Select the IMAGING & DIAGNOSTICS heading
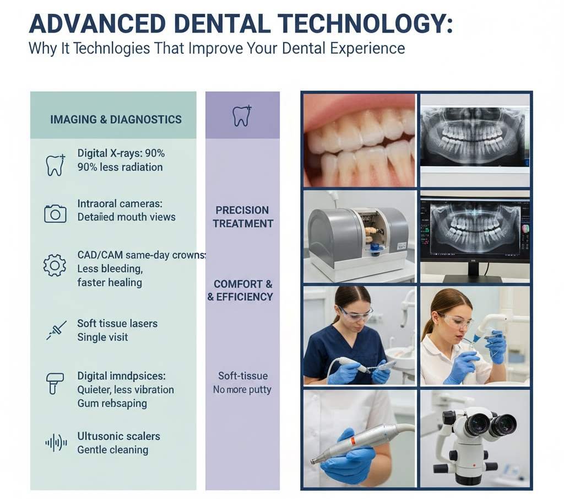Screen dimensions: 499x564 (116, 119)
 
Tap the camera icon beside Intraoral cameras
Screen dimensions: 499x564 (55, 213)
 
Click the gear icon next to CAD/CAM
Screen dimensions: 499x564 (55, 266)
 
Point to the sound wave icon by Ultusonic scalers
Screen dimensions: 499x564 (56, 442)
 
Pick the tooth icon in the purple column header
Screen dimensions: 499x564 (242, 116)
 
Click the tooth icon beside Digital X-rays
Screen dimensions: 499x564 (55, 164)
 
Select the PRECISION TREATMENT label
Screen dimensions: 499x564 (243, 217)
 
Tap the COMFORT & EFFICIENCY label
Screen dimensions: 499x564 (242, 291)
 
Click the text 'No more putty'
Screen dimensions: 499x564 (242, 390)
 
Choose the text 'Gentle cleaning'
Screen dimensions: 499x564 (112, 449)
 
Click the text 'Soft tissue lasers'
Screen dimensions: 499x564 (117, 323)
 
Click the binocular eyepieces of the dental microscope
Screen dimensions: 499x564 (490, 425)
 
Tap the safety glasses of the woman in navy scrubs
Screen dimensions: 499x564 (355, 314)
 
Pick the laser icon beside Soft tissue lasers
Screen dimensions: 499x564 (56, 330)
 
